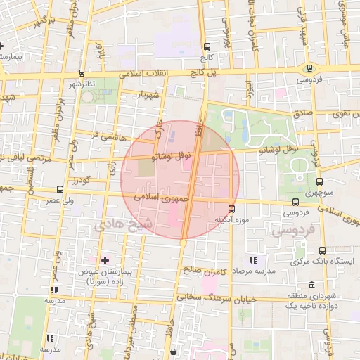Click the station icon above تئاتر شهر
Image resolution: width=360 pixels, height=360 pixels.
click(x=82, y=73)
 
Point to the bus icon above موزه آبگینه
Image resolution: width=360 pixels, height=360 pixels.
click(x=231, y=209)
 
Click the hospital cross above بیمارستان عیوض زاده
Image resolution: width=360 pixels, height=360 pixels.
click(x=105, y=261)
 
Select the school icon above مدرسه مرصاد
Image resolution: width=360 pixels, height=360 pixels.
click(x=252, y=261)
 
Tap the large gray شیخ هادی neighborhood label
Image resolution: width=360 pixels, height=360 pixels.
click(x=117, y=224)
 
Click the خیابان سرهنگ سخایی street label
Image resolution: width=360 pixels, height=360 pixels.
click(x=203, y=297)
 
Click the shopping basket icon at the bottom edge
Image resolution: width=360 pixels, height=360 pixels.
click(x=174, y=352)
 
